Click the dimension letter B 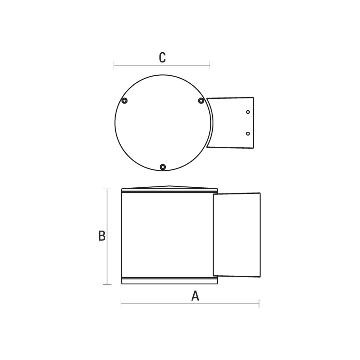(102, 236)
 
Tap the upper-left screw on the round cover (124, 101)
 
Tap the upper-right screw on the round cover (201, 101)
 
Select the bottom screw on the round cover (163, 167)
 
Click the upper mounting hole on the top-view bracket (248, 112)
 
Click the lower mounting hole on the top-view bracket (248, 133)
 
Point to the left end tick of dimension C (114, 65)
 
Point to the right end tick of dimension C (210, 65)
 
